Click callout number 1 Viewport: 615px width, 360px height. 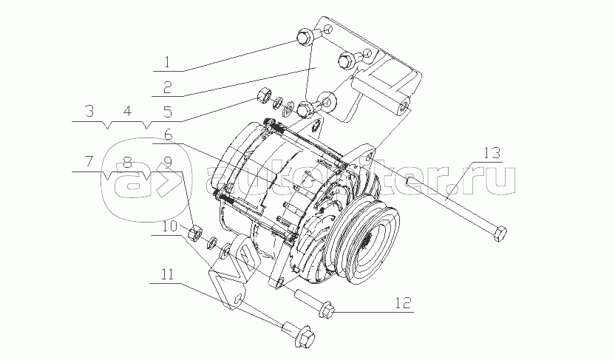pyautogui.click(x=168, y=62)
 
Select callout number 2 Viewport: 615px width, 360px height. pyautogui.click(x=168, y=87)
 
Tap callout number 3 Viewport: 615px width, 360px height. pyautogui.click(x=90, y=112)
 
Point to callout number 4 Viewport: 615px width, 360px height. pyautogui.click(x=126, y=112)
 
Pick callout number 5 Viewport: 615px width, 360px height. pyautogui.click(x=168, y=112)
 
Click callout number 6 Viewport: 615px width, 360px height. pyautogui.click(x=168, y=135)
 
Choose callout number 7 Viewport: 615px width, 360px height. pyautogui.click(x=90, y=161)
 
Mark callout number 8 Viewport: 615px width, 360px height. pyautogui.click(x=126, y=161)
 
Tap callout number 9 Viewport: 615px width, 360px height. pyautogui.click(x=168, y=161)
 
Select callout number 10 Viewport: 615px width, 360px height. pyautogui.click(x=169, y=227)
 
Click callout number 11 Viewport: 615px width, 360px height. pyautogui.click(x=168, y=274)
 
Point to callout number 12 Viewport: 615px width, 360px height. pyautogui.click(x=402, y=302)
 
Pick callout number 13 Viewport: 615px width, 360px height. pyautogui.click(x=492, y=153)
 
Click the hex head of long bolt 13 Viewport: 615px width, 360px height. pyautogui.click(x=499, y=234)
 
